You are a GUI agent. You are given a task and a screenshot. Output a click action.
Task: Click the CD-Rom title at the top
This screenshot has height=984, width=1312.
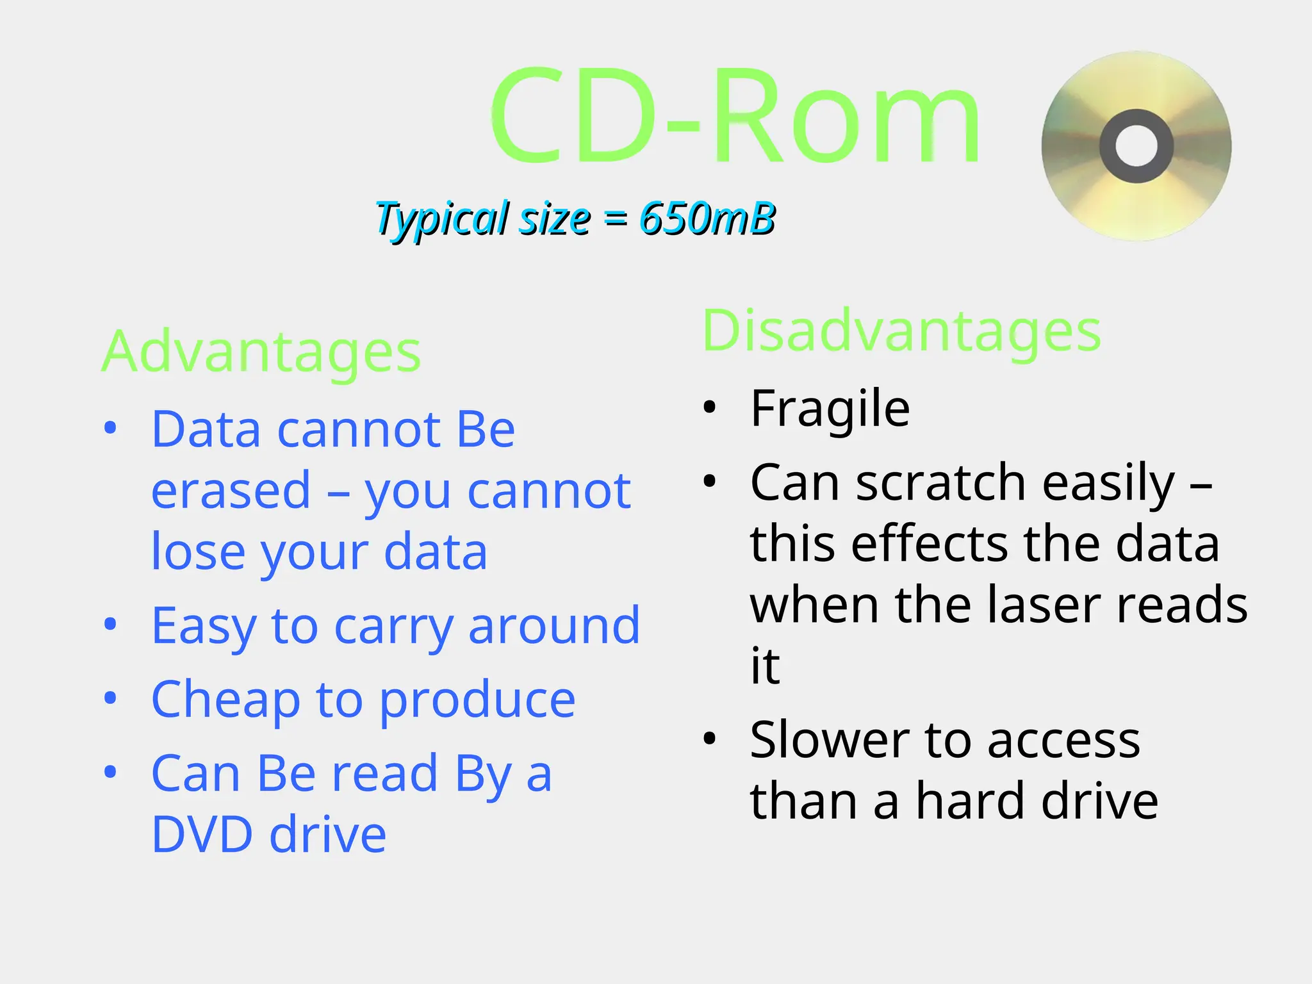click(735, 117)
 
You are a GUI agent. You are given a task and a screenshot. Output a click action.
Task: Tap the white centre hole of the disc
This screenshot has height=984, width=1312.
click(1136, 145)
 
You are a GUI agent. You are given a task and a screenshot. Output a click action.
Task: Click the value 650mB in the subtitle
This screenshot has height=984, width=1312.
click(707, 218)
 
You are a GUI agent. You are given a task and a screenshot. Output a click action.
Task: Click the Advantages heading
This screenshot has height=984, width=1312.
click(261, 352)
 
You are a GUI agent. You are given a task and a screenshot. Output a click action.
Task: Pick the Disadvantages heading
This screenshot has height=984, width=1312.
click(901, 331)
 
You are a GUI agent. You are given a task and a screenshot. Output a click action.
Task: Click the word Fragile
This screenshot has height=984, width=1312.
click(830, 409)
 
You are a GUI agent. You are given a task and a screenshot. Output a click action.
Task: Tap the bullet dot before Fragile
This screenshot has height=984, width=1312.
click(709, 407)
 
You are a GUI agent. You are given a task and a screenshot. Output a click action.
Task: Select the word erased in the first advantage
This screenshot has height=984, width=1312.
click(231, 491)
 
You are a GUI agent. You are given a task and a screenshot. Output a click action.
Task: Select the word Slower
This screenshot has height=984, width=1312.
click(829, 741)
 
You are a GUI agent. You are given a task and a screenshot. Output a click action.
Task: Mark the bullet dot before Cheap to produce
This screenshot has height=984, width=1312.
click(111, 698)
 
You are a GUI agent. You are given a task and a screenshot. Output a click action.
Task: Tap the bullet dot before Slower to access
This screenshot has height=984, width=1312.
click(709, 739)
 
